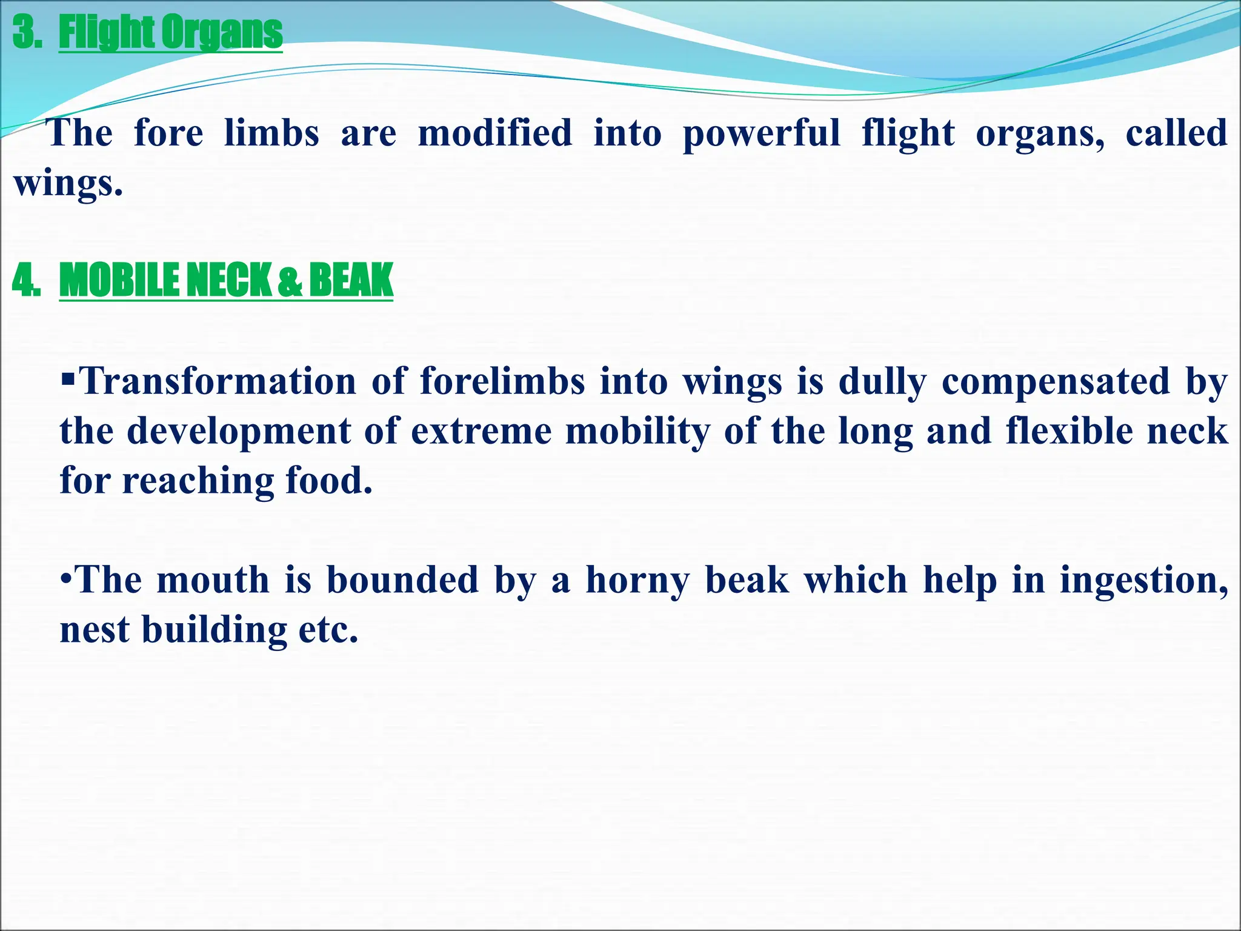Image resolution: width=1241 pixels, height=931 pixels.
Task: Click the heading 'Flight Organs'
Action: pos(170,33)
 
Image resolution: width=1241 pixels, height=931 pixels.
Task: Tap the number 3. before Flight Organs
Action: pos(27,33)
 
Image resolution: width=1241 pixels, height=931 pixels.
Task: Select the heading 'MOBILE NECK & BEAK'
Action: pos(226,280)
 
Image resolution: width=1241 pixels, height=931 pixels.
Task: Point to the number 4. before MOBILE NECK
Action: pos(26,281)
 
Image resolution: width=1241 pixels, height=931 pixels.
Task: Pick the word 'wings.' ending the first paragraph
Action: pos(68,183)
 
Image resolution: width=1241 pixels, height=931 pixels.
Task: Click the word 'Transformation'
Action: pos(218,382)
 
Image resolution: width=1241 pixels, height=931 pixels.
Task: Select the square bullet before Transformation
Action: pos(68,381)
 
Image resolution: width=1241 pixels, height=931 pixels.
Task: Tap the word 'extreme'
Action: pos(481,432)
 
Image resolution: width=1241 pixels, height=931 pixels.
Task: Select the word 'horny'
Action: pos(637,581)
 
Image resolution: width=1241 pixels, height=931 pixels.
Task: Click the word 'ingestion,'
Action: pos(1144,581)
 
